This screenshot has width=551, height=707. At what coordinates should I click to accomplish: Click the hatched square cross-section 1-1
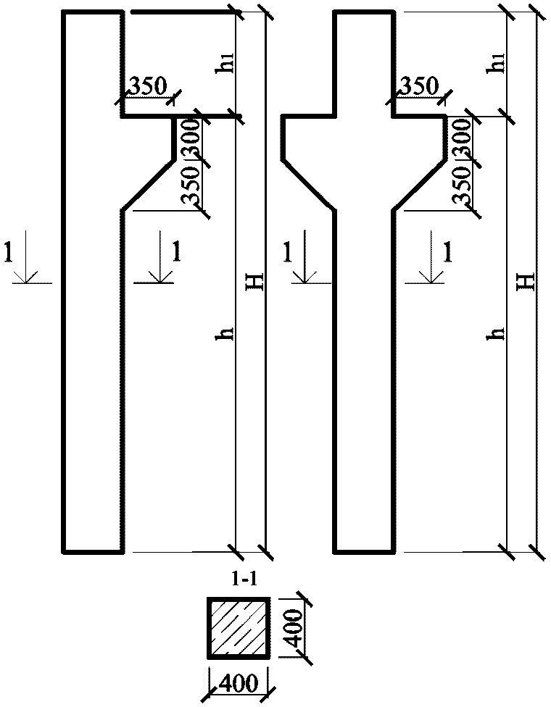tap(239, 628)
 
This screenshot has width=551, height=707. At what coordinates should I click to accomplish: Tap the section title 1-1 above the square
tap(239, 582)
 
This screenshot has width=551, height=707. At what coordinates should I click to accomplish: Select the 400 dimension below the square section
tap(239, 682)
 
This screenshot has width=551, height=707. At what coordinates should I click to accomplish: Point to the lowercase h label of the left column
tap(228, 333)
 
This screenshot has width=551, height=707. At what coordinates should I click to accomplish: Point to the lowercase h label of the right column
tap(497, 333)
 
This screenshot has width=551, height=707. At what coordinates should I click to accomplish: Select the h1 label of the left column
tap(228, 65)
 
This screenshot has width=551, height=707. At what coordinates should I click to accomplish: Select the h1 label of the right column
tap(497, 65)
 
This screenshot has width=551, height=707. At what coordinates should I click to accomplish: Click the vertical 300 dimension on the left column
tap(191, 138)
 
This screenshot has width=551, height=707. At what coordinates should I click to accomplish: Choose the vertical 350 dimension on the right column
tap(464, 185)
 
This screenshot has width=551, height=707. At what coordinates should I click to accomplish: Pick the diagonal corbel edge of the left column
tap(148, 184)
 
